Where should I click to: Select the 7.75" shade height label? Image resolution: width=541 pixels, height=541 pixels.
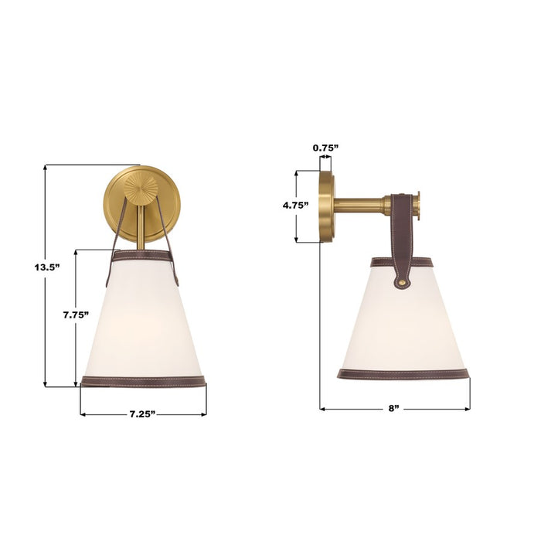[x=76, y=315]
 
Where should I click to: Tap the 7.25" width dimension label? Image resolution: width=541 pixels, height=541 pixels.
[x=143, y=415]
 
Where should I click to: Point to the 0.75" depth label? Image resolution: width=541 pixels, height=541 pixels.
[x=325, y=147]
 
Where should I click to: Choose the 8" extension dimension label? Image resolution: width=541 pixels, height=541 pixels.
[x=394, y=408]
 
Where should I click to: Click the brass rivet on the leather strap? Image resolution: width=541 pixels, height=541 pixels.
[x=402, y=283]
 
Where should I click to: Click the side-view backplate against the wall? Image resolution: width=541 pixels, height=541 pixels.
[x=327, y=206]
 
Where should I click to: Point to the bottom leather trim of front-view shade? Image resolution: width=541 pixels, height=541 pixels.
[x=143, y=381]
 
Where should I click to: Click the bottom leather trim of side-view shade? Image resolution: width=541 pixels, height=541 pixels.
[x=403, y=374]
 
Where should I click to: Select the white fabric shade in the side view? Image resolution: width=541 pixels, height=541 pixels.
[x=402, y=325]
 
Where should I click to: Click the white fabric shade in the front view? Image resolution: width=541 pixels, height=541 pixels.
[x=143, y=321]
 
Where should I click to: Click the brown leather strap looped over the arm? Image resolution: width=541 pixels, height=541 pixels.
[x=403, y=232]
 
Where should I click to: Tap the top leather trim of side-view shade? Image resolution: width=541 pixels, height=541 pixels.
[x=379, y=262]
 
